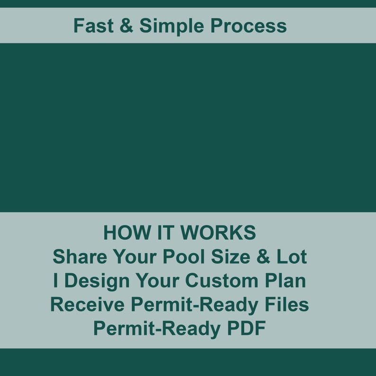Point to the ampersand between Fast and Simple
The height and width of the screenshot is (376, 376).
[x=126, y=26]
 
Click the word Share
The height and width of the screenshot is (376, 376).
[x=79, y=257]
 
